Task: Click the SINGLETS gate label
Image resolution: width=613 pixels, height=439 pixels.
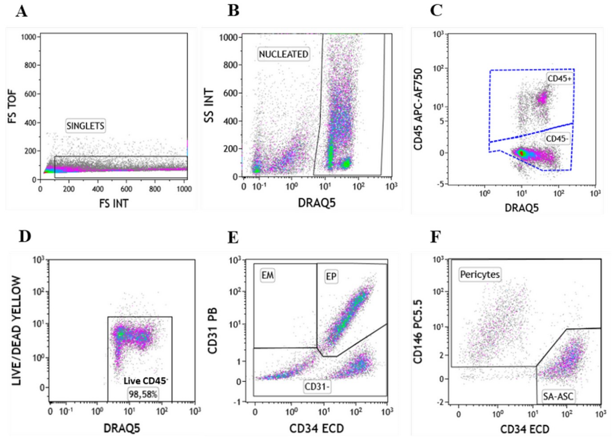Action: [85, 126]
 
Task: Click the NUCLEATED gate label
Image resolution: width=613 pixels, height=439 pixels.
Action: [283, 54]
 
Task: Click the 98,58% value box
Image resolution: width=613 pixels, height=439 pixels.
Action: [143, 394]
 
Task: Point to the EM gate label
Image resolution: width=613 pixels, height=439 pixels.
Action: [267, 275]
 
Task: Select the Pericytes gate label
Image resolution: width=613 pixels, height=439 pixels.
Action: [480, 275]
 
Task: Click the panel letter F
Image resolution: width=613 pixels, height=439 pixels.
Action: [435, 237]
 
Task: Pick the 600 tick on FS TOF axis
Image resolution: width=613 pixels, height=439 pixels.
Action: [30, 94]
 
